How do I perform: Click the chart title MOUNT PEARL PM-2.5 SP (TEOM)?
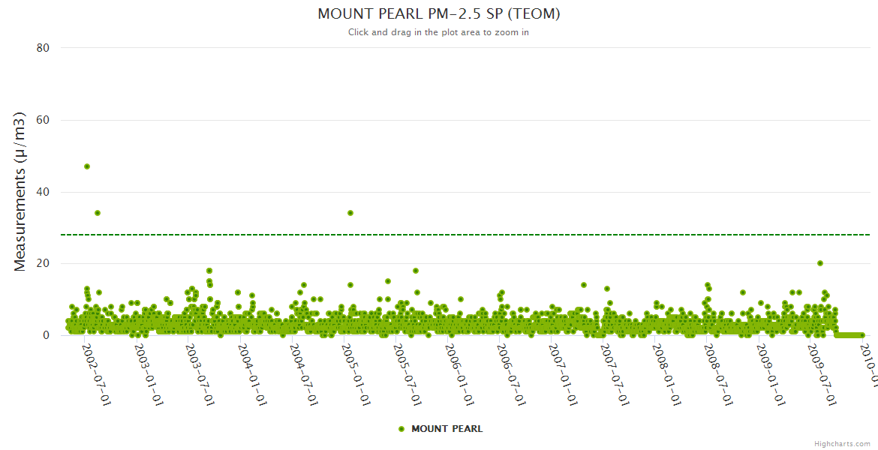coord(439,13)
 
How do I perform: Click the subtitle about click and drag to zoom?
coord(439,32)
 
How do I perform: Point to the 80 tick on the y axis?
coord(43,48)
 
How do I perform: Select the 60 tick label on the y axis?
coord(43,120)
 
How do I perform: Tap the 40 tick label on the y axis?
coord(43,192)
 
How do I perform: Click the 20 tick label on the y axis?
coord(43,263)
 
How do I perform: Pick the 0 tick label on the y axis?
coord(46,335)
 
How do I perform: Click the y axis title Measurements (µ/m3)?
coord(20,191)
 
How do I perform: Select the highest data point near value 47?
coord(87,166)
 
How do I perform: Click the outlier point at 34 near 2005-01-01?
coord(350,213)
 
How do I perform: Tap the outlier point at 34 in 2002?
coord(98,213)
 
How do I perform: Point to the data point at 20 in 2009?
coord(820,263)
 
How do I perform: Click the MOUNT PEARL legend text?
coord(447,429)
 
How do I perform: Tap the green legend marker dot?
coord(401,429)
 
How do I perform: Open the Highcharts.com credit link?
coord(842,444)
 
